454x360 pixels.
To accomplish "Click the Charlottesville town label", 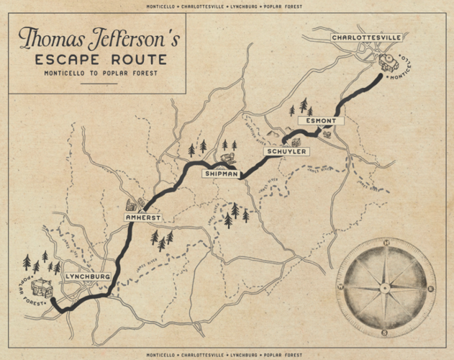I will [366, 37].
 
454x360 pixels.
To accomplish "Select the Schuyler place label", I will [287, 152].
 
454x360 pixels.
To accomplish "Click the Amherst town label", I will [142, 217].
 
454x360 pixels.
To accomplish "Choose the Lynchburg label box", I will [87, 276].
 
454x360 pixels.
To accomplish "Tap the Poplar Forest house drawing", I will [43, 289].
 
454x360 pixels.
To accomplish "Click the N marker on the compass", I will [386, 243].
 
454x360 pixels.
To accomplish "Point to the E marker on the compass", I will [430, 289].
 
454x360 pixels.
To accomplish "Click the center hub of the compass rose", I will [386, 288].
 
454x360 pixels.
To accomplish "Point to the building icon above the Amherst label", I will [134, 205].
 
